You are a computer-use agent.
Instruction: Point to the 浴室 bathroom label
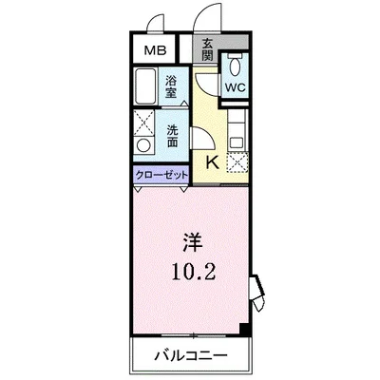click(x=172, y=86)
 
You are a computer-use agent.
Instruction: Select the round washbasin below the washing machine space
click(x=144, y=146)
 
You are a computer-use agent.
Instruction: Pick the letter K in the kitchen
click(x=212, y=161)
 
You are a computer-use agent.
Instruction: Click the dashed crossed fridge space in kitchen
click(x=237, y=160)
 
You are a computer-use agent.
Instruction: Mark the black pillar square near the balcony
click(x=244, y=330)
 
